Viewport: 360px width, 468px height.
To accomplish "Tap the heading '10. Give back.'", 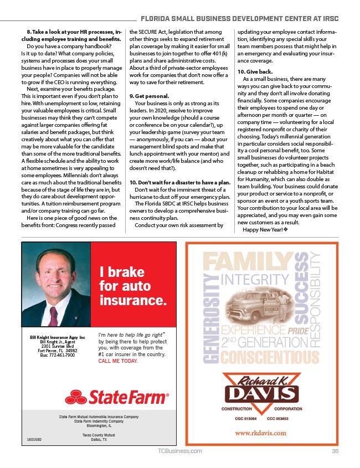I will click(255, 71).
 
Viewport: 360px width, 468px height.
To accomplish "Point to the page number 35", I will click(335, 451).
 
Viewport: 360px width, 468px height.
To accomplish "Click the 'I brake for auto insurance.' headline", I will click(132, 287).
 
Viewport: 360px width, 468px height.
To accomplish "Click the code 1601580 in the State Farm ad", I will click(35, 439).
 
